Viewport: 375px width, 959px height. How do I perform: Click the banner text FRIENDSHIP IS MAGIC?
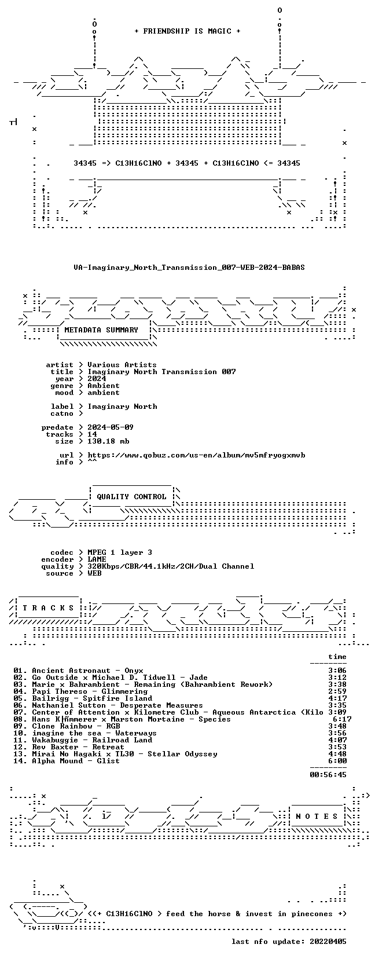(187, 31)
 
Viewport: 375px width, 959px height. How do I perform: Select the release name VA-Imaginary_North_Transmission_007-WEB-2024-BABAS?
(189, 268)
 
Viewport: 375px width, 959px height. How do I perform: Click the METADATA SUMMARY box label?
(101, 330)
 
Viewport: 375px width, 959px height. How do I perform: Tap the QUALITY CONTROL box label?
(131, 497)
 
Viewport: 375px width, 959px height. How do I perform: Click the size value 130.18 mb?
(108, 441)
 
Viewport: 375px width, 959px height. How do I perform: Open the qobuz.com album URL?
(196, 455)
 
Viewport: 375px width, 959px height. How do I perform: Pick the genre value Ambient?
(104, 386)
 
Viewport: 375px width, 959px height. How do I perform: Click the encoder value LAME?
(97, 559)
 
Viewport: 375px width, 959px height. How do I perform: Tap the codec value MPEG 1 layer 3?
(120, 552)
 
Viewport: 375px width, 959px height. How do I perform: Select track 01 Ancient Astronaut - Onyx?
(78, 671)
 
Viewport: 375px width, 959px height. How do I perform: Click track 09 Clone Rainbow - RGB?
(67, 726)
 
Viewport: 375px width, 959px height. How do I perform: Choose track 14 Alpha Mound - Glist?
(67, 761)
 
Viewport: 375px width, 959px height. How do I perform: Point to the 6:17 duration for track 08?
(342, 719)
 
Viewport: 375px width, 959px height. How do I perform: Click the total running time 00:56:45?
(328, 774)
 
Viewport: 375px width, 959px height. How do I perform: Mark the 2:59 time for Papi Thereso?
(337, 691)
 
